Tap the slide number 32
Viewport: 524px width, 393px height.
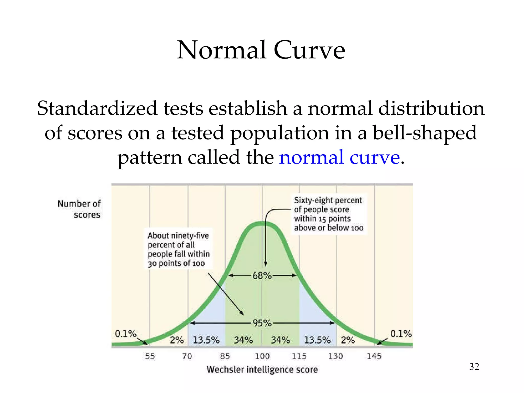(x=474, y=367)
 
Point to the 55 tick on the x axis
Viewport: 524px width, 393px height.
(x=150, y=356)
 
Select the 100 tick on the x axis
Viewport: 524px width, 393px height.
(x=262, y=356)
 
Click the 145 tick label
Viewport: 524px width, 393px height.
(x=374, y=356)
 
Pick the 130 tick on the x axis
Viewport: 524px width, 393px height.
(x=335, y=356)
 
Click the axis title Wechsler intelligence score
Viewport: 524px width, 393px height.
(x=262, y=369)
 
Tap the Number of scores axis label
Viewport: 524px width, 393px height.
(x=79, y=209)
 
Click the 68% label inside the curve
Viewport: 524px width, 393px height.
(x=262, y=276)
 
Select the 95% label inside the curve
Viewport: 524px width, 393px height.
(x=262, y=323)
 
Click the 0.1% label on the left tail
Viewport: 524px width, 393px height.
(x=126, y=334)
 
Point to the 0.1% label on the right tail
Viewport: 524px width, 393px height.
(x=401, y=334)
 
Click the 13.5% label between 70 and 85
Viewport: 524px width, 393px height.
(x=206, y=340)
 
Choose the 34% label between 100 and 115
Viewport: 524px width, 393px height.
(x=280, y=340)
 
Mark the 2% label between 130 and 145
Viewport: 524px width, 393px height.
(x=348, y=340)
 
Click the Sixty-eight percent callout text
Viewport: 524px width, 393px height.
(x=329, y=214)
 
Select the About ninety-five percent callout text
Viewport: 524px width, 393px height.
(x=179, y=249)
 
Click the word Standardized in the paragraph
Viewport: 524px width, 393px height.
(x=97, y=108)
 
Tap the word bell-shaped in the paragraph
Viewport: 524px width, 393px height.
(x=425, y=133)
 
